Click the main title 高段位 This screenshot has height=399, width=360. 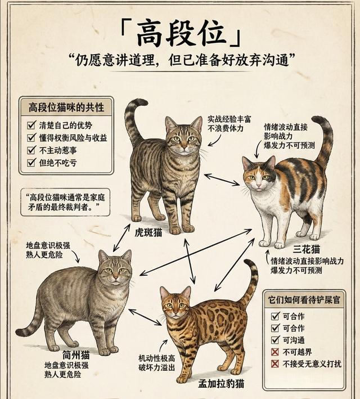(181, 33)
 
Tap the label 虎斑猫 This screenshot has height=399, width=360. (148, 232)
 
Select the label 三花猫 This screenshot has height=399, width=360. (306, 249)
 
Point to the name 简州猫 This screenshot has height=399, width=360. (76, 355)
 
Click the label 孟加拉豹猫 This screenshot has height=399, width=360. (221, 383)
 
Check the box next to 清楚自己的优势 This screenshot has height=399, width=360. (31, 125)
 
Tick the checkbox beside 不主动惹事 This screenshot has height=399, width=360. (31, 150)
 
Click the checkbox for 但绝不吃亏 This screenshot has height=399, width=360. (31, 162)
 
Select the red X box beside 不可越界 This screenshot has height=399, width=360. (274, 352)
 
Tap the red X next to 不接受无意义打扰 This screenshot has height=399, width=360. (274, 364)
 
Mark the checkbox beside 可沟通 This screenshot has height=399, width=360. (275, 340)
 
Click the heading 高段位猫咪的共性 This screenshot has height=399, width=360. (66, 107)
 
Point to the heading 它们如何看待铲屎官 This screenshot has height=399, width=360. (304, 300)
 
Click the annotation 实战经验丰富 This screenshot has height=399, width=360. (229, 119)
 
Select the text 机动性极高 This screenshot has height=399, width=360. (157, 358)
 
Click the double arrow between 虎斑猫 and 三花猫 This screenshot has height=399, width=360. (222, 180)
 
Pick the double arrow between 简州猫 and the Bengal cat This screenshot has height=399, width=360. (145, 317)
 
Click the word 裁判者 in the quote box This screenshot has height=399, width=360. (78, 208)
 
